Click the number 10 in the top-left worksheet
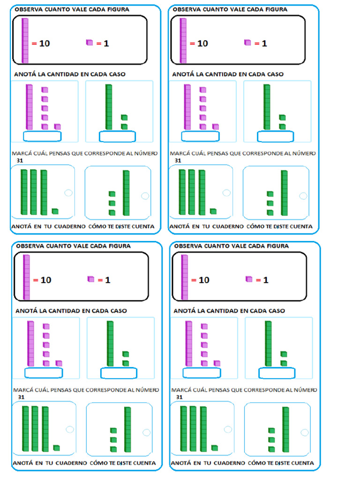[45, 44]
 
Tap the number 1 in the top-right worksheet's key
[264, 44]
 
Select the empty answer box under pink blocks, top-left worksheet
[42, 136]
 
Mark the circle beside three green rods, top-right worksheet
[226, 193]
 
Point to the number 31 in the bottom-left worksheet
[21, 397]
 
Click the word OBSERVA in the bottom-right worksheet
[189, 246]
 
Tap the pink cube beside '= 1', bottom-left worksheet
[91, 279]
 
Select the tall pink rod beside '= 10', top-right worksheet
[183, 41]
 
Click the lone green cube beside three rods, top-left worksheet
[55, 211]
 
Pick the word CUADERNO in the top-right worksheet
[228, 226]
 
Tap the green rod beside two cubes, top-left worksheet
[109, 106]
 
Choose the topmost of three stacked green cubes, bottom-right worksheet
[271, 430]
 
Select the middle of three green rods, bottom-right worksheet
[193, 429]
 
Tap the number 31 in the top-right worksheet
[178, 160]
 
